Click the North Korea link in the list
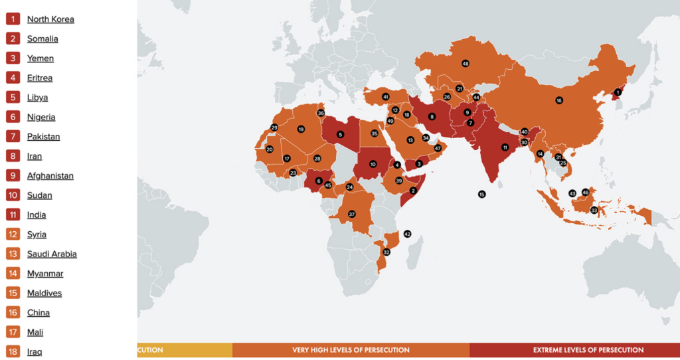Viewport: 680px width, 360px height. pyautogui.click(x=50, y=19)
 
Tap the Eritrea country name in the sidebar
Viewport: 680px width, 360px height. pyautogui.click(x=40, y=78)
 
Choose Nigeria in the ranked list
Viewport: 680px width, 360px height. pyautogui.click(x=41, y=117)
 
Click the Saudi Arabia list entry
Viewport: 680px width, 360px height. pyautogui.click(x=52, y=254)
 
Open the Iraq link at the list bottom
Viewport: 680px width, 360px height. pyautogui.click(x=35, y=351)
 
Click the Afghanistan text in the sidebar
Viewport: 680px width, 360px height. pyautogui.click(x=50, y=176)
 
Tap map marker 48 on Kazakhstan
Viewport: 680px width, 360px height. pyautogui.click(x=466, y=64)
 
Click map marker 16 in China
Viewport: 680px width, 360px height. pyautogui.click(x=559, y=101)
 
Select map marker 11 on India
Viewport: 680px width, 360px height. pyautogui.click(x=505, y=147)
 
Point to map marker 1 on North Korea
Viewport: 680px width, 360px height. pyautogui.click(x=618, y=92)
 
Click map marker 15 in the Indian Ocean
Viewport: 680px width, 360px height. pyautogui.click(x=481, y=194)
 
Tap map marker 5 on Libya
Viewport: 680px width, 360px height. pyautogui.click(x=341, y=134)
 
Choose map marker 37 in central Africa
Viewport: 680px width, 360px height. pyautogui.click(x=352, y=214)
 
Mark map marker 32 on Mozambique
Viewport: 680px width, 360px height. pyautogui.click(x=386, y=252)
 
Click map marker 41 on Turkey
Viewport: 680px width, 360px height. pyautogui.click(x=385, y=97)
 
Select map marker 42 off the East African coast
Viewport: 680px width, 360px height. pyautogui.click(x=407, y=234)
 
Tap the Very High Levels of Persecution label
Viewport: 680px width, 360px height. pyautogui.click(x=351, y=350)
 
